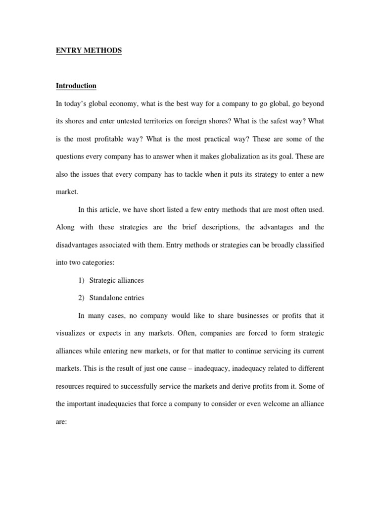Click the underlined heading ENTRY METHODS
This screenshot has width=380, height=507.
pos(89,51)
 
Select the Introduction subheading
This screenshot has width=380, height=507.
pos(76,86)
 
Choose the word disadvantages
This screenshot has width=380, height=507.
pos(77,245)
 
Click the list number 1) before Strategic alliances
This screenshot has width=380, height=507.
pos(82,280)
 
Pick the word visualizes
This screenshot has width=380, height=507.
pos(72,333)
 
